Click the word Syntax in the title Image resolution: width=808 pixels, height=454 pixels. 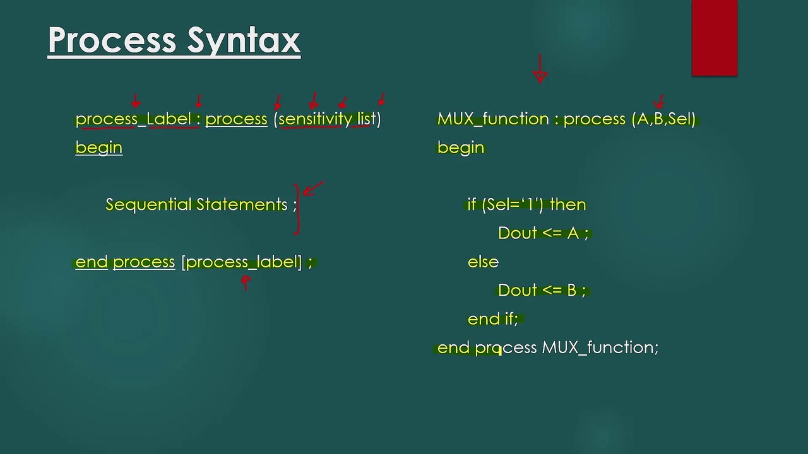[243, 40]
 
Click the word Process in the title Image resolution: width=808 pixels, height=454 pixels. [112, 40]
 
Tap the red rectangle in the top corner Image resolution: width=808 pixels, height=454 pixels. [714, 38]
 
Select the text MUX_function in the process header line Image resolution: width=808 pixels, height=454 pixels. [492, 119]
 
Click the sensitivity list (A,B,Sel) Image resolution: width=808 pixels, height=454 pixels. [663, 119]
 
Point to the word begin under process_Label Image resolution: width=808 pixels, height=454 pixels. [98, 148]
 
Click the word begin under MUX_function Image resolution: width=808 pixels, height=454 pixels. [460, 148]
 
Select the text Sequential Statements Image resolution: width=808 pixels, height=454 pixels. [196, 204]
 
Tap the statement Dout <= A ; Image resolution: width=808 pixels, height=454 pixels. [543, 233]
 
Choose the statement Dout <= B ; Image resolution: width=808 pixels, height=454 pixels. [542, 290]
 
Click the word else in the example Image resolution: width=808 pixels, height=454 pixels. [483, 262]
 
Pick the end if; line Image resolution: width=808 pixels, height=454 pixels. [492, 319]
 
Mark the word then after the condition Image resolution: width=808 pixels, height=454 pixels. [567, 204]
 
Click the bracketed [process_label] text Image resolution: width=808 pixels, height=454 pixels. [242, 262]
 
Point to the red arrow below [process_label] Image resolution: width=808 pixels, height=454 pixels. [246, 282]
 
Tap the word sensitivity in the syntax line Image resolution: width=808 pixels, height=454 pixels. [315, 119]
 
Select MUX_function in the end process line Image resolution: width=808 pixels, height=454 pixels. [600, 347]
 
